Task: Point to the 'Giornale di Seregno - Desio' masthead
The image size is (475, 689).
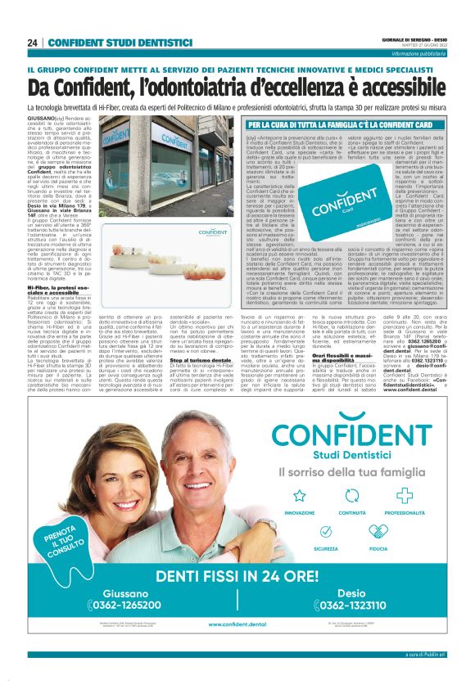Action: pos(415,38)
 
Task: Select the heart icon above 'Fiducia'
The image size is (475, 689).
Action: pos(378,511)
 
